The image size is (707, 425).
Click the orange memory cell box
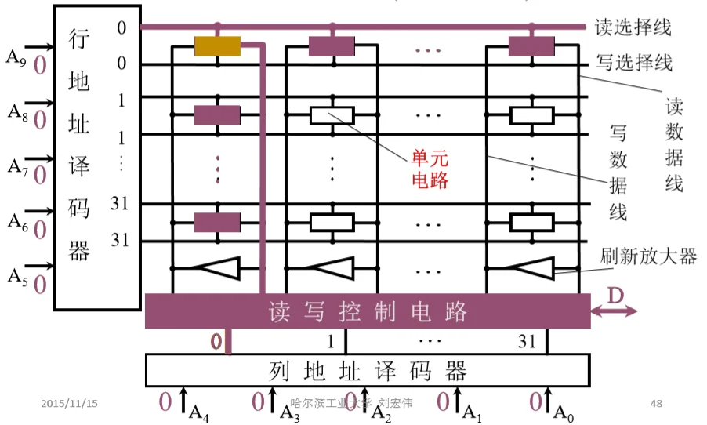coord(217,46)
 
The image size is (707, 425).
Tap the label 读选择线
coord(633,27)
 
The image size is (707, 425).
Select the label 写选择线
coord(633,62)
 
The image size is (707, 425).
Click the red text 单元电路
coord(430,168)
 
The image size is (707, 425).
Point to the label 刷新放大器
coord(648,255)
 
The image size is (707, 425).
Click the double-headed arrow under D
coord(615,312)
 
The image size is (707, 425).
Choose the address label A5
coord(16,275)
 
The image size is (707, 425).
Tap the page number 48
coord(656,403)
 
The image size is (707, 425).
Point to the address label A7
coord(16,165)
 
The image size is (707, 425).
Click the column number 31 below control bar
coord(527,341)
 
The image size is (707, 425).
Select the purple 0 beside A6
coord(39,229)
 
